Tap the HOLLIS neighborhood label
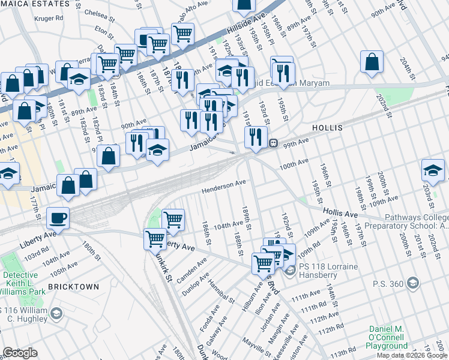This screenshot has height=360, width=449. coord(327,128)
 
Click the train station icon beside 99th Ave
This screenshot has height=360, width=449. coord(273,143)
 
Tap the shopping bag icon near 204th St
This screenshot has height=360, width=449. coord(372,62)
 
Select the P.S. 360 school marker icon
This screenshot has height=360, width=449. coord(412,282)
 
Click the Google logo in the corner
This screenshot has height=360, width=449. coord(20,353)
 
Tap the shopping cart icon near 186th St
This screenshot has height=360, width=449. coord(173,220)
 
